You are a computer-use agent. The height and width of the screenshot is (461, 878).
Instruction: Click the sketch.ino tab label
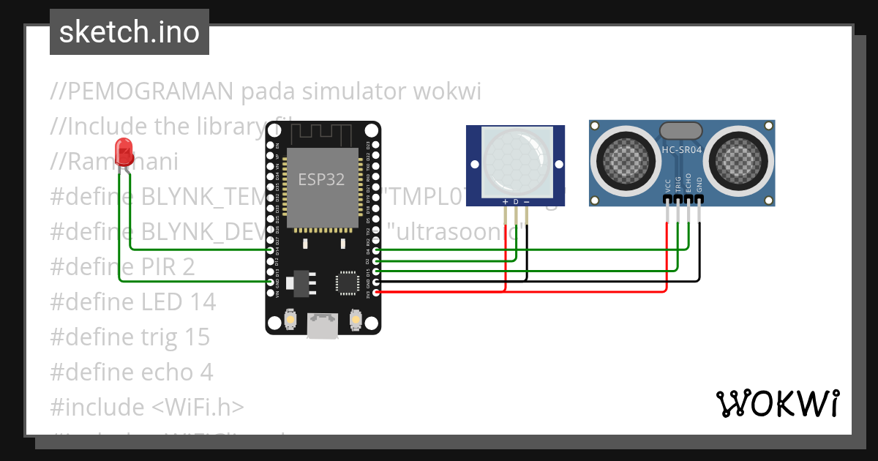(129, 32)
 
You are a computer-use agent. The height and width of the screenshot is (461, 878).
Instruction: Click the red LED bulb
(124, 151)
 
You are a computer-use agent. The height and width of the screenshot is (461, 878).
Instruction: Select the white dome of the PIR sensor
(516, 162)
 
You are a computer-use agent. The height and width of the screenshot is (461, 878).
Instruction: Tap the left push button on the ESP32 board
(290, 320)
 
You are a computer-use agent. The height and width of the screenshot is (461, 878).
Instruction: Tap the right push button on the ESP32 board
(355, 320)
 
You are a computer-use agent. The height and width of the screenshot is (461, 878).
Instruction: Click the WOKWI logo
(777, 403)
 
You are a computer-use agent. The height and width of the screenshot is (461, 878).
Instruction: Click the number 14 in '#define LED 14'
(203, 301)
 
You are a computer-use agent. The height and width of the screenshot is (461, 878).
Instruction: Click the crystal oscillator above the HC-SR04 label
(682, 131)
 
